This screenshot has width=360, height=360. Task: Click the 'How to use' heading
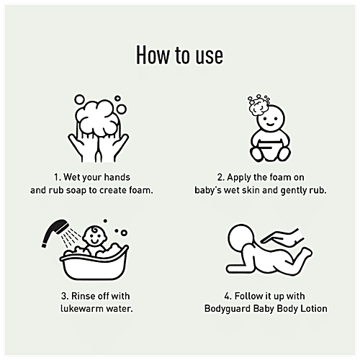click(179, 55)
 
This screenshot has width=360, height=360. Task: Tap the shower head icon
click(55, 232)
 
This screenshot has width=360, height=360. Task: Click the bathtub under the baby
click(94, 265)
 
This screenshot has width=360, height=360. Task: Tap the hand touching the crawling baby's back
click(282, 237)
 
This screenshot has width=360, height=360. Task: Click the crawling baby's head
click(240, 237)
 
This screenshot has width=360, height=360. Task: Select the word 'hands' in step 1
click(117, 177)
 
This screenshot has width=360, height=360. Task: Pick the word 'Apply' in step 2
click(239, 178)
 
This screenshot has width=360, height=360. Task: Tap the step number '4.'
click(228, 296)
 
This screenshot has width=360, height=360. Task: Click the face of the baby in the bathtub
click(94, 236)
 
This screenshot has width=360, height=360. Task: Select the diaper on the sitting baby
click(270, 150)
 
